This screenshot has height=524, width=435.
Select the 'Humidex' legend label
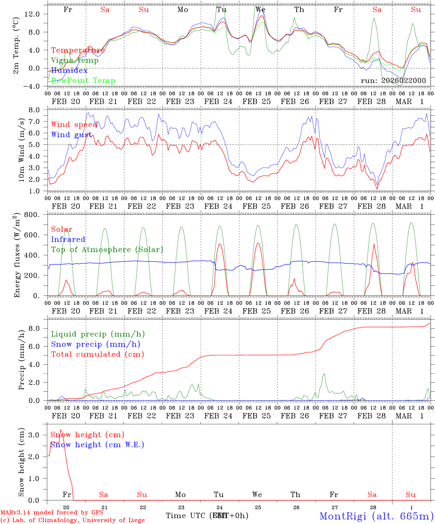[x=69, y=71]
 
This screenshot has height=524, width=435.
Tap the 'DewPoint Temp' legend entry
[x=83, y=81]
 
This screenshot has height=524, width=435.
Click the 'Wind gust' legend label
[x=71, y=135]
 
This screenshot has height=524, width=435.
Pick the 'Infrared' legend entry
[x=68, y=239]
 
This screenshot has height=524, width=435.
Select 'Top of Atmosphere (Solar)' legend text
[x=107, y=250]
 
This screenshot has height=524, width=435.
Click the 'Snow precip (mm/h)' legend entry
[x=95, y=344]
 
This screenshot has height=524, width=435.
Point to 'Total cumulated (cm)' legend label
[x=98, y=354]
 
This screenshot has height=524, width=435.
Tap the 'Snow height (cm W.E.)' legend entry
[x=97, y=445]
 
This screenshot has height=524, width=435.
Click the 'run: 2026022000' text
[x=393, y=81]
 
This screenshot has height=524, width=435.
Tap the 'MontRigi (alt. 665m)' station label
[x=377, y=516]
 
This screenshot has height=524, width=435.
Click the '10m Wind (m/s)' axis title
[x=21, y=150]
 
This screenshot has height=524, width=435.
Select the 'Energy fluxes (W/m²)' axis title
[x=17, y=255]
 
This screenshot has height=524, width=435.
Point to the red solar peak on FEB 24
[x=220, y=244]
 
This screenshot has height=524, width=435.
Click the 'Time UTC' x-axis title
[x=186, y=516]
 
